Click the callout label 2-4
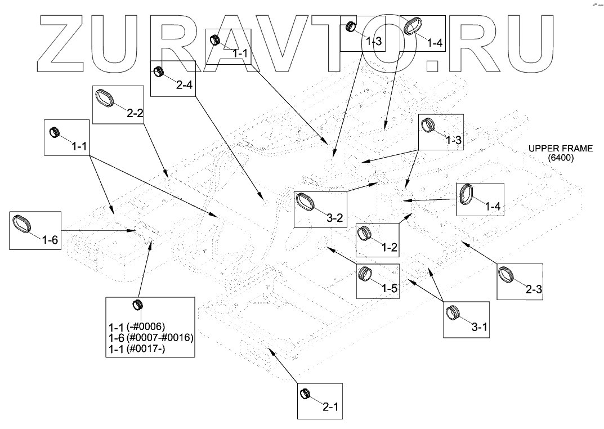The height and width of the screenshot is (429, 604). [x=184, y=86]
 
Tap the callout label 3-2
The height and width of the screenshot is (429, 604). [x=335, y=218]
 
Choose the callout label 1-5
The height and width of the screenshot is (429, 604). [x=390, y=288]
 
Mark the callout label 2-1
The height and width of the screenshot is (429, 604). [x=330, y=405]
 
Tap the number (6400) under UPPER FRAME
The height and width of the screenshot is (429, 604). [x=561, y=158]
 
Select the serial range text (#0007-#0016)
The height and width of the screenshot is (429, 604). [x=160, y=338]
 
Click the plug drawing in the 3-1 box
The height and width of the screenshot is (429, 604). [x=453, y=312]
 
